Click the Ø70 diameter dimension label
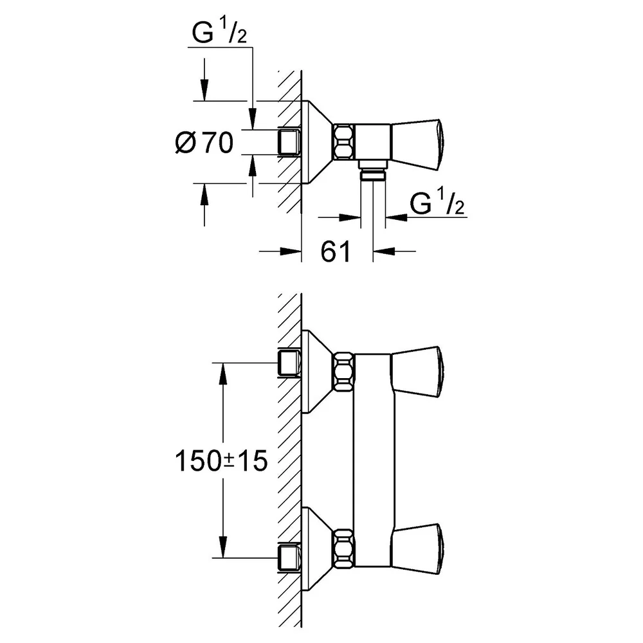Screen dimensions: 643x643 pos(204,142)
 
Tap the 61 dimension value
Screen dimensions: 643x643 pos(336,251)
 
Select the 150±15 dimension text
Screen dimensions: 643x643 pos(221,460)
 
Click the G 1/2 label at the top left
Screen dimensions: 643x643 pos(219,32)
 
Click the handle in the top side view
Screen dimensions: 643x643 pos(417,144)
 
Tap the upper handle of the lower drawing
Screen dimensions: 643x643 pos(417,372)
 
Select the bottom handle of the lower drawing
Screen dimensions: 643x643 pos(417,548)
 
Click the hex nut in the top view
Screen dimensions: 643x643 pos(343,141)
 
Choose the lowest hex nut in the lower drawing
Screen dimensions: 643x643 pos(343,548)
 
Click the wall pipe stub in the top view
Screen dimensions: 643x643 pos(289,142)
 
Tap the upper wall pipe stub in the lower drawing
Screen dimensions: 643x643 pos(289,363)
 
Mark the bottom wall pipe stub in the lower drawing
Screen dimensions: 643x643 pos(289,557)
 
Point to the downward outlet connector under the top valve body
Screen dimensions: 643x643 pos(373,170)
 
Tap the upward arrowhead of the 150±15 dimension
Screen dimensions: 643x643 pos(223,373)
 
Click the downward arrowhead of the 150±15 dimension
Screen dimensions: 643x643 pos(223,547)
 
